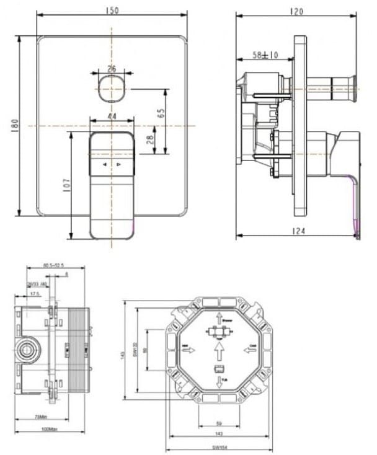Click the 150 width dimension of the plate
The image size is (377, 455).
pos(112,11)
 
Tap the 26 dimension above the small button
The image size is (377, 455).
pos(112,69)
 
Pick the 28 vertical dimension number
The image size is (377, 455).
pos(149,140)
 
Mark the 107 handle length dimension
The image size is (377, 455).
pos(65,185)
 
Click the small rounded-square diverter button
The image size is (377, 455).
pos(112,89)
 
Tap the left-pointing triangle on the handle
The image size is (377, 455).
pos(104,165)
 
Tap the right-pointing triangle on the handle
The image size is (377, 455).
pos(119,165)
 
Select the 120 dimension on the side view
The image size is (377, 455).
pos(296,11)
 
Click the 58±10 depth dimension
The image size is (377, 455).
pos(265,55)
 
